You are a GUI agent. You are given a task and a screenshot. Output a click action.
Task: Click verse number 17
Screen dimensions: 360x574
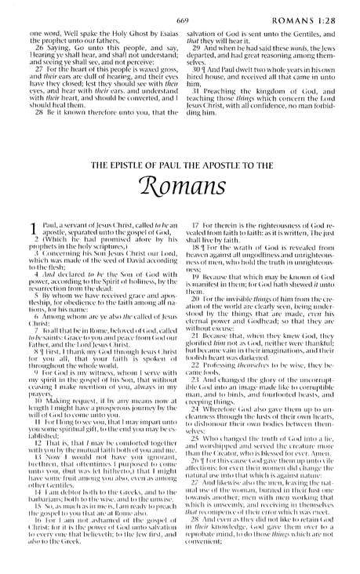tap(197, 227)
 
